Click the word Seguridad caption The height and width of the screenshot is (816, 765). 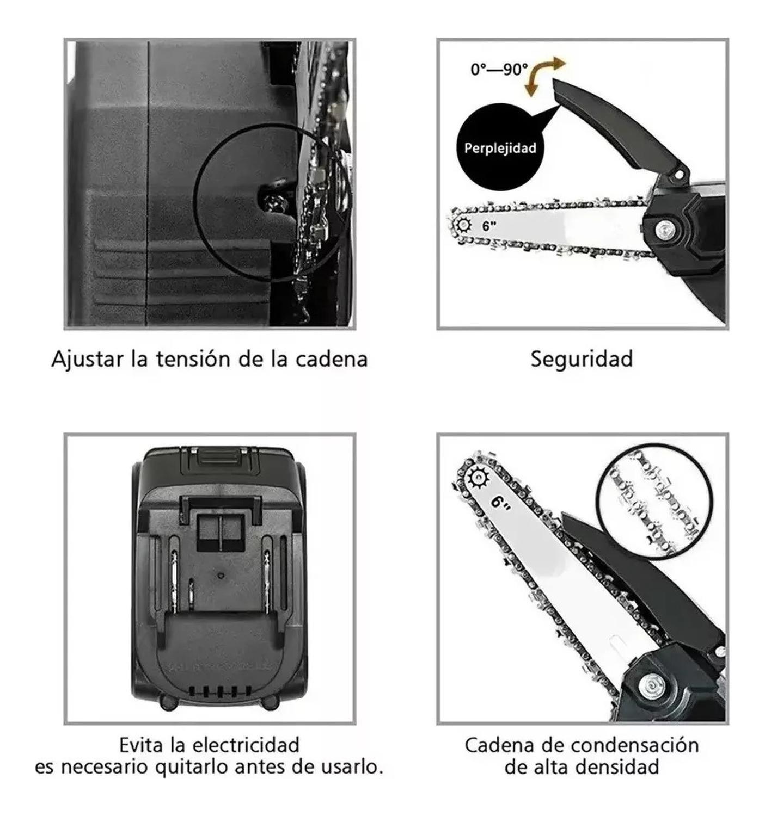[x=582, y=360]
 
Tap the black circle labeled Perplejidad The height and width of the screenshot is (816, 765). [x=499, y=147]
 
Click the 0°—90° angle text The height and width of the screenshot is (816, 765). [x=499, y=70]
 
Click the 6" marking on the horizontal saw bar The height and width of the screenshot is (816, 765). [x=489, y=225]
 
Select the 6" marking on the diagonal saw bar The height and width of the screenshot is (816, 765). [x=501, y=501]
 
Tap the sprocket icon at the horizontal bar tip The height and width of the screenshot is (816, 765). [x=464, y=224]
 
